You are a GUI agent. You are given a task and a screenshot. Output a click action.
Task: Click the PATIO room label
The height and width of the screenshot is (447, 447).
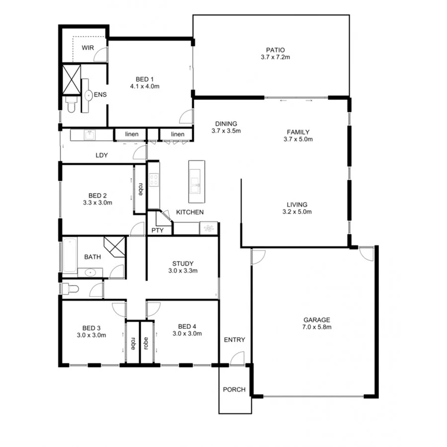(275, 50)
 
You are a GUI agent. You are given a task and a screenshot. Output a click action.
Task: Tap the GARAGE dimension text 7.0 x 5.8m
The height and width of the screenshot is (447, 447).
(316, 327)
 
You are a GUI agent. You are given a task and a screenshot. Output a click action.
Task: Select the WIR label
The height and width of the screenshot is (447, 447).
(88, 48)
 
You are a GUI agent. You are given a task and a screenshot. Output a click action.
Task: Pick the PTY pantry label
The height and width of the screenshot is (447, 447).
(157, 230)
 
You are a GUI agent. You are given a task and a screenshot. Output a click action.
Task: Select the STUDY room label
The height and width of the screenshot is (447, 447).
(183, 264)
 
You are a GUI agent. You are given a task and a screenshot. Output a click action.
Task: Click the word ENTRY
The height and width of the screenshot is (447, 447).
(234, 340)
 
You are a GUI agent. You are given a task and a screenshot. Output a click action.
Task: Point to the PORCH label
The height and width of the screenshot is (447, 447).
(234, 389)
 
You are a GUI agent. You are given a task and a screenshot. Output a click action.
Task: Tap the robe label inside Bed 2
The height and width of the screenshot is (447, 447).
(141, 189)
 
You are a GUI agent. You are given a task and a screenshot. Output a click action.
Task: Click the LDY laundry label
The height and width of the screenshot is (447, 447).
(102, 155)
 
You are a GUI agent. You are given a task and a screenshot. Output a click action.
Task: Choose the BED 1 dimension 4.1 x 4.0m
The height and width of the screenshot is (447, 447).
(145, 86)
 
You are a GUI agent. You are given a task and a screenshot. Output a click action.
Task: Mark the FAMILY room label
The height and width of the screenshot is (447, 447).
(298, 132)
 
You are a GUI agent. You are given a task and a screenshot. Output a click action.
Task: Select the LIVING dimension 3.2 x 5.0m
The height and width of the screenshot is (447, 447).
(297, 212)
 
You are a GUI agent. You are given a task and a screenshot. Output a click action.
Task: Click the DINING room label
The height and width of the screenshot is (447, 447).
(226, 124)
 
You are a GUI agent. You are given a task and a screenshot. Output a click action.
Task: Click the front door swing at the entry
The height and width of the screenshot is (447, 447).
(237, 358)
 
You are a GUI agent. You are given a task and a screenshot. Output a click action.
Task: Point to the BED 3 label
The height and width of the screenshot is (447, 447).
(91, 328)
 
